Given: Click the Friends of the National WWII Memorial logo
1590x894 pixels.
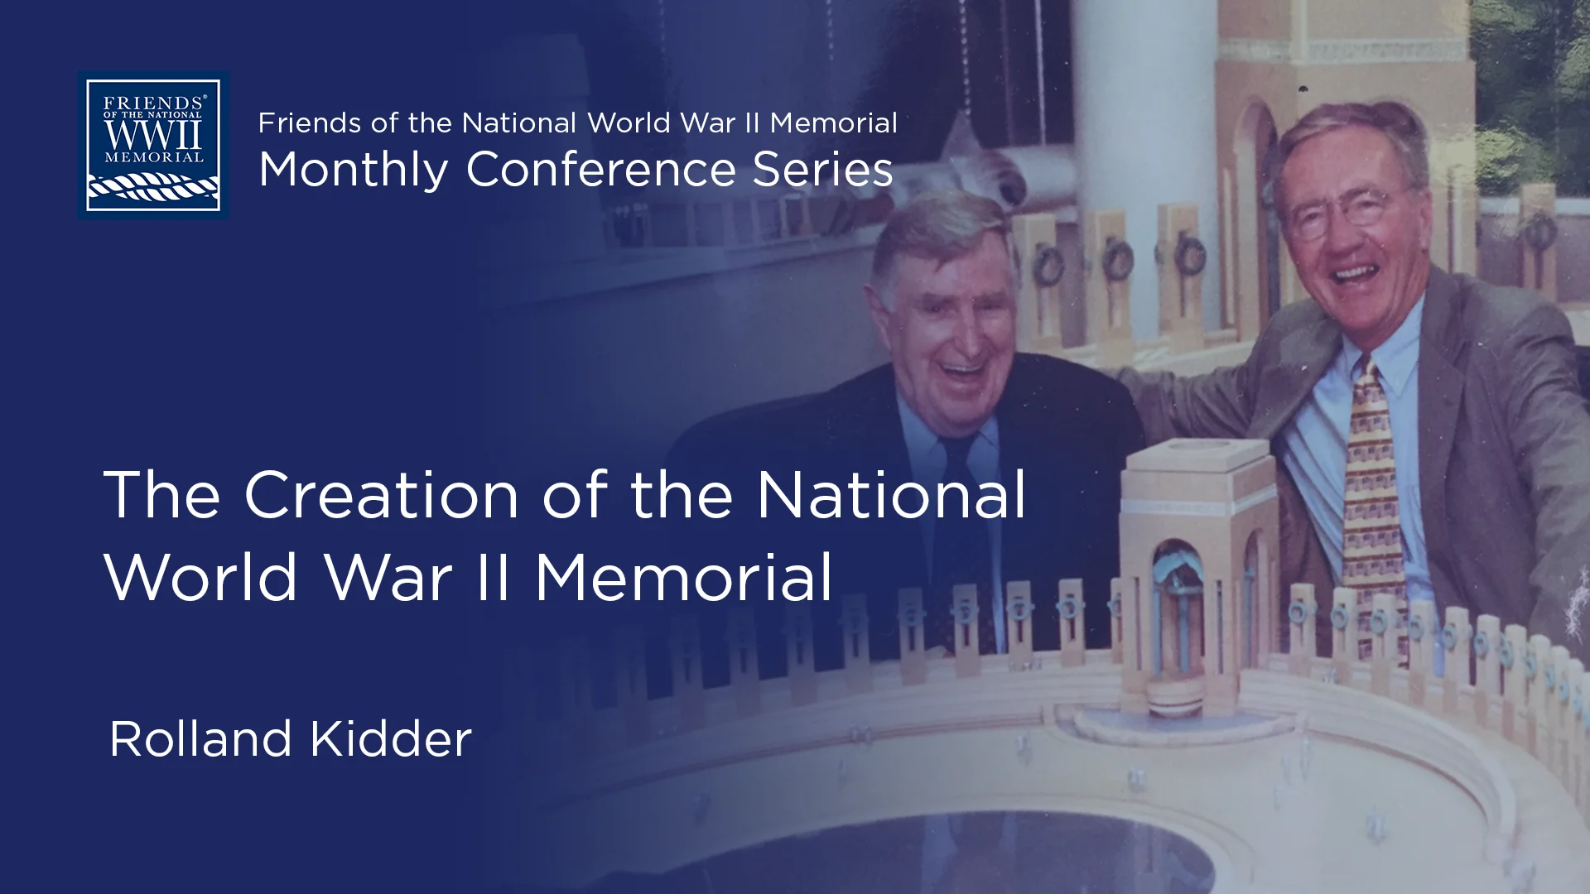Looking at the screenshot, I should click(153, 145).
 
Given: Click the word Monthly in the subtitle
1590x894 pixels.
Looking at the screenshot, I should click(353, 171).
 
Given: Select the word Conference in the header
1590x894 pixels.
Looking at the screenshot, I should click(600, 169).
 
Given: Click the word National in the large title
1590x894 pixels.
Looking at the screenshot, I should click(891, 496).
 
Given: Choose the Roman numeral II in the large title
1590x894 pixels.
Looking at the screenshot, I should click(492, 577).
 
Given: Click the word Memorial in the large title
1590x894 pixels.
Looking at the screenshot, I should click(683, 577).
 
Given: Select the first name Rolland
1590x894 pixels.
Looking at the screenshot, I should click(200, 738).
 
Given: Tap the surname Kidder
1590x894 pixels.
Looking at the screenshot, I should click(391, 738).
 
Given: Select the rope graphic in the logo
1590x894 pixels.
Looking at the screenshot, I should click(153, 189).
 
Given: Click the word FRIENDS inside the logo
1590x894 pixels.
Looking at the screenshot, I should click(153, 103).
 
